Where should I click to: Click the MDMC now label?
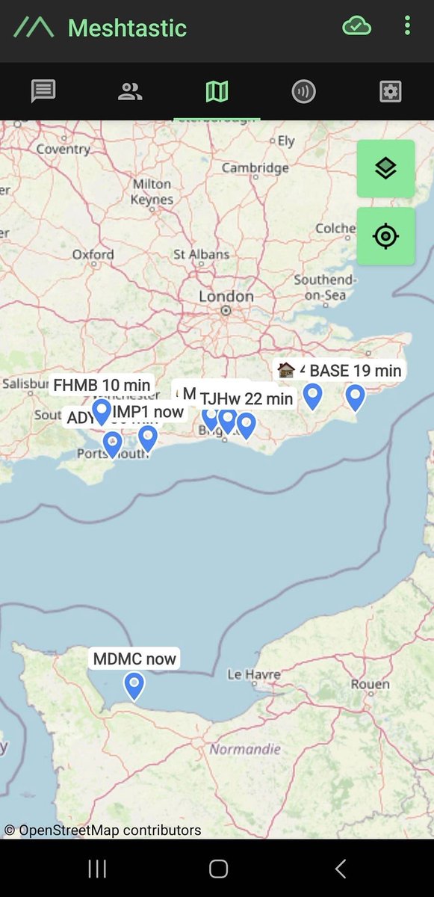pyautogui.click(x=134, y=659)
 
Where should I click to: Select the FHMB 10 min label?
pyautogui.click(x=102, y=385)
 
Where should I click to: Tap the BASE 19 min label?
pyautogui.click(x=356, y=370)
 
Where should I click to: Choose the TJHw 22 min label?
pyautogui.click(x=247, y=399)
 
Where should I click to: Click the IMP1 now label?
pyautogui.click(x=148, y=412)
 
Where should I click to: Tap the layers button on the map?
pyautogui.click(x=385, y=169)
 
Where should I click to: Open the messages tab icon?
pyautogui.click(x=43, y=92)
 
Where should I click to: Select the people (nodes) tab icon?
pyautogui.click(x=130, y=92)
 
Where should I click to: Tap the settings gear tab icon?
pyautogui.click(x=390, y=92)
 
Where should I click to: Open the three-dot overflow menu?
pyautogui.click(x=407, y=27)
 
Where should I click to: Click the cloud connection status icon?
pyautogui.click(x=357, y=27)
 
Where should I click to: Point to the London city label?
pyautogui.click(x=226, y=297)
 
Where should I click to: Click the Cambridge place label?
pyautogui.click(x=255, y=168)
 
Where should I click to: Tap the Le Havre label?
pyautogui.click(x=254, y=674)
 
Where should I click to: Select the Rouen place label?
pyautogui.click(x=370, y=684)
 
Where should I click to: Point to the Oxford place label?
pyautogui.click(x=93, y=255)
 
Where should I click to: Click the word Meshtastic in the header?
pyautogui.click(x=127, y=28)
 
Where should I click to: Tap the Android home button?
pyautogui.click(x=218, y=868)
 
